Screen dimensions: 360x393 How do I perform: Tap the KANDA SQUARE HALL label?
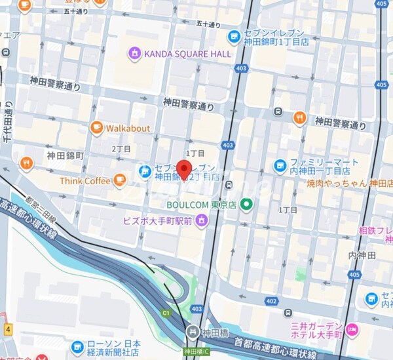(188, 53)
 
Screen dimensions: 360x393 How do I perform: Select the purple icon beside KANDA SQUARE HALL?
(135, 52)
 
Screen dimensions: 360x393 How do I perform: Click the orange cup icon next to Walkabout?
(96, 127)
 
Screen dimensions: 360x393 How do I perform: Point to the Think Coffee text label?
(85, 180)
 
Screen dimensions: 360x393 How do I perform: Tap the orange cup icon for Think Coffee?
(119, 180)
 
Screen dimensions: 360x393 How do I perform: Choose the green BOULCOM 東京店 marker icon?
(246, 205)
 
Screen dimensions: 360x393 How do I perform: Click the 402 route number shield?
(271, 301)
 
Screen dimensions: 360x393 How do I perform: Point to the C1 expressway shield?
(166, 313)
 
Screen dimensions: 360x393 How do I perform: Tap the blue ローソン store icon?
(77, 345)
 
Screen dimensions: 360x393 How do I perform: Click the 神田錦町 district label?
(65, 155)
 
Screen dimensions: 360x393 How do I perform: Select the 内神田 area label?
(361, 254)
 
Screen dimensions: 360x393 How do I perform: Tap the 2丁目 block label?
(121, 149)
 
